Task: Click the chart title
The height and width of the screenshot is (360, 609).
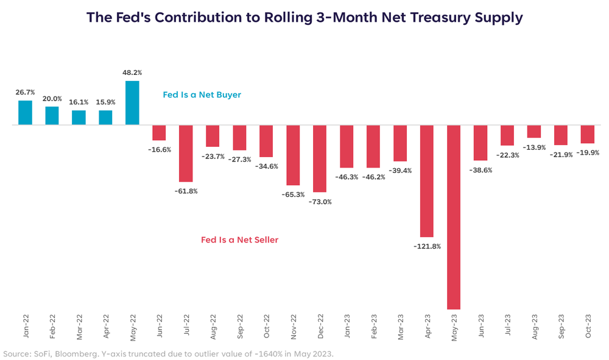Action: tap(304, 18)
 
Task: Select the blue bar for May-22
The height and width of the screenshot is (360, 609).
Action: tap(132, 103)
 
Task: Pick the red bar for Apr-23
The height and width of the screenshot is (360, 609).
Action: tap(427, 181)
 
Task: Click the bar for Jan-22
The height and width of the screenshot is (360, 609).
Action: tap(25, 113)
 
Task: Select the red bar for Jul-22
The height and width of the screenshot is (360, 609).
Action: tap(186, 154)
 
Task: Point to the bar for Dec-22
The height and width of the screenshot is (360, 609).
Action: tap(320, 158)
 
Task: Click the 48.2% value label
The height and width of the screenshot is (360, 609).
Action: tap(132, 73)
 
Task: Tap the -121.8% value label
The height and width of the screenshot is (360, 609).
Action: tap(426, 246)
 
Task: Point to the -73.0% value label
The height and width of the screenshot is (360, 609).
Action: tap(320, 202)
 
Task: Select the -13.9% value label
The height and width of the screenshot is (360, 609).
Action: tap(533, 147)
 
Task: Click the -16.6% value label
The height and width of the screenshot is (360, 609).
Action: tap(160, 149)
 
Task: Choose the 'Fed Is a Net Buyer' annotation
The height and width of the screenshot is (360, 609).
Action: tap(202, 95)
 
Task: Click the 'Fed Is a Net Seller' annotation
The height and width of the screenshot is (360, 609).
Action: tap(239, 240)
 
